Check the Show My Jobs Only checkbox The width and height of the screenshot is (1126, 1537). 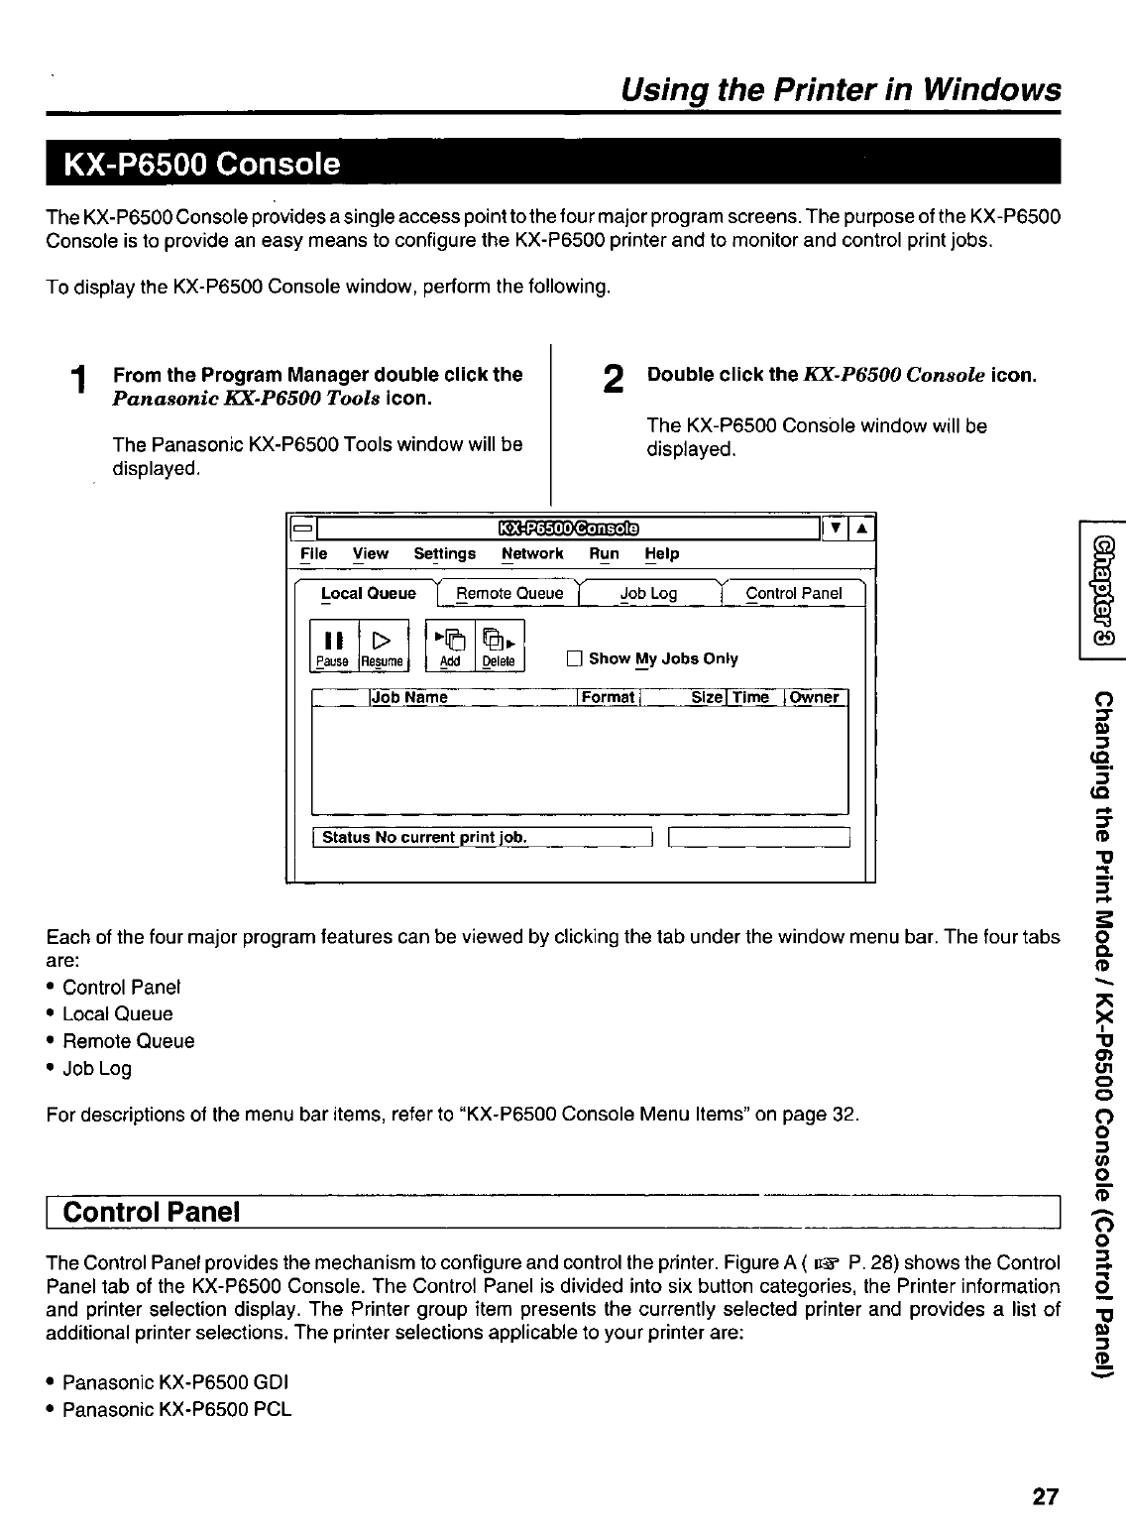click(x=573, y=659)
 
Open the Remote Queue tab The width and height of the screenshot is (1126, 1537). click(x=509, y=594)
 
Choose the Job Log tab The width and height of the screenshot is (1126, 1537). click(x=648, y=594)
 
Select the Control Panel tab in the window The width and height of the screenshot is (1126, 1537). click(x=793, y=594)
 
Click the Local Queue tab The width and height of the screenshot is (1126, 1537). click(x=368, y=594)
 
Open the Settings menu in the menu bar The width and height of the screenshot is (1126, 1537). click(x=444, y=553)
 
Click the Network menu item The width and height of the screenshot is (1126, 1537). click(x=532, y=553)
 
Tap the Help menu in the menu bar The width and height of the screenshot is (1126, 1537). click(x=661, y=553)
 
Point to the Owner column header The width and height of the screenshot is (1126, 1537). click(x=814, y=697)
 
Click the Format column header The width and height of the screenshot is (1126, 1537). click(x=608, y=697)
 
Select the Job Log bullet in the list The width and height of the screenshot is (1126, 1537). click(x=96, y=1068)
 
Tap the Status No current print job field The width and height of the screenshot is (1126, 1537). click(x=480, y=838)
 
